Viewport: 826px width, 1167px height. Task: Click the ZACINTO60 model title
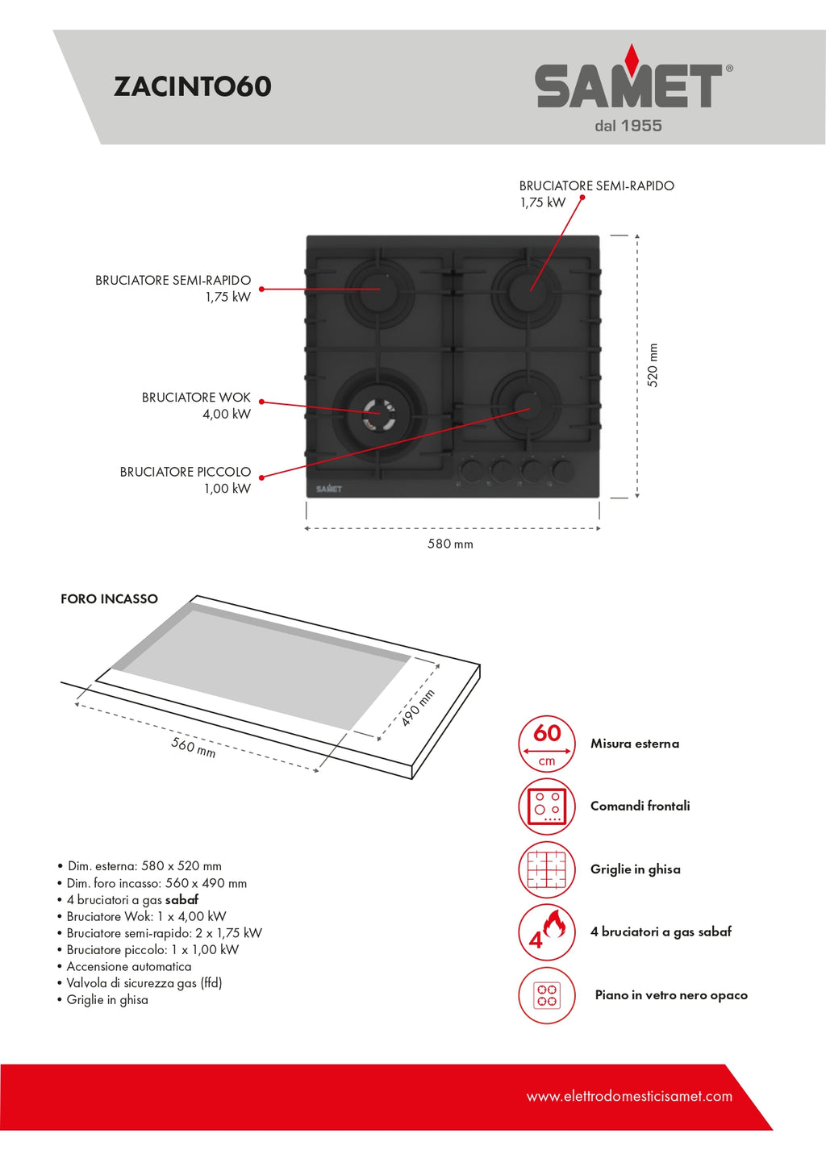(x=192, y=86)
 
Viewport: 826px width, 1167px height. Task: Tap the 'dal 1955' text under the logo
(x=628, y=126)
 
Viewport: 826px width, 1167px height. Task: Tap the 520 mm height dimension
(x=653, y=365)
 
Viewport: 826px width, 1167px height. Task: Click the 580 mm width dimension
(x=450, y=544)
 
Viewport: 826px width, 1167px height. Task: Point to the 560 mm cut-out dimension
(x=194, y=747)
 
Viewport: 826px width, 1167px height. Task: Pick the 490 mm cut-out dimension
(x=418, y=707)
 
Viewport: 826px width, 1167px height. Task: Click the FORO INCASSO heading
(x=109, y=599)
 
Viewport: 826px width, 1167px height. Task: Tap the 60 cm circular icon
(x=547, y=744)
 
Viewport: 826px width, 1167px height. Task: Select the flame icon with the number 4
(x=547, y=932)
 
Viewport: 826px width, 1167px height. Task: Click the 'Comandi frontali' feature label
(x=640, y=806)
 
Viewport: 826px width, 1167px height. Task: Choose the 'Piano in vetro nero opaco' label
(x=671, y=995)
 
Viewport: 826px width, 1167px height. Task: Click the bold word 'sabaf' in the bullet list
(x=181, y=900)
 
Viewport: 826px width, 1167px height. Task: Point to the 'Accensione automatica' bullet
(x=129, y=966)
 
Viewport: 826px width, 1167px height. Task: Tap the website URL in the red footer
(x=629, y=1096)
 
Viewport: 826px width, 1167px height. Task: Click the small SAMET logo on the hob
(x=329, y=489)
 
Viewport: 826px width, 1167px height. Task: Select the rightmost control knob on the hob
(x=563, y=470)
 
